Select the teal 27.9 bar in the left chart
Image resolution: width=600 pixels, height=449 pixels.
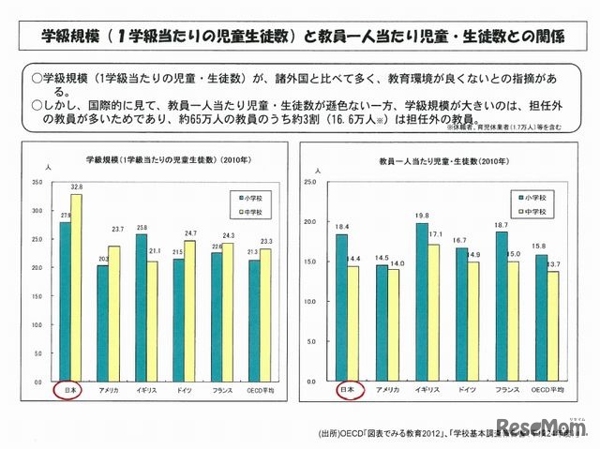click(x=65, y=299)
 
